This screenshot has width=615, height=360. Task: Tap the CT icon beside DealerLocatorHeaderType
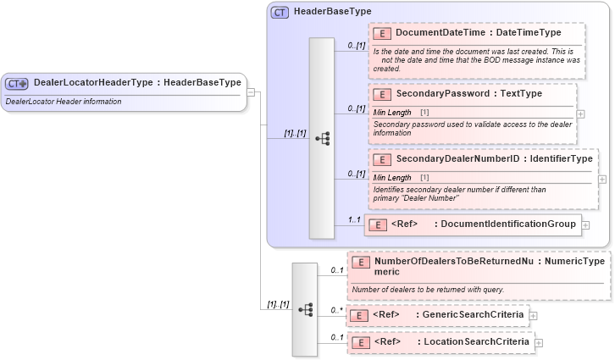(x=17, y=83)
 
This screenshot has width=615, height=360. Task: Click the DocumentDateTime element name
(x=440, y=32)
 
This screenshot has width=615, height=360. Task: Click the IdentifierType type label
(x=560, y=158)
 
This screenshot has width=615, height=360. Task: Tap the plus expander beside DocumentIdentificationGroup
(x=585, y=225)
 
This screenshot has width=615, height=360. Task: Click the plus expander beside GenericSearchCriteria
(x=533, y=316)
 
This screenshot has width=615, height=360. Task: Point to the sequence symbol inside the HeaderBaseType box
(x=322, y=138)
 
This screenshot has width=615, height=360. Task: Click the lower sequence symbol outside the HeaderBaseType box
(x=304, y=309)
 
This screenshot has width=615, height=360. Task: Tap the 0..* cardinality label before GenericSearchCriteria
(x=336, y=310)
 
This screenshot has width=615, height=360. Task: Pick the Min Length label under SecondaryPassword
(x=392, y=112)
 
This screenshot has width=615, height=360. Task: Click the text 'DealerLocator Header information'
(x=64, y=102)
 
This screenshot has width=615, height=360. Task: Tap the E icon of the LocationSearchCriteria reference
(x=359, y=342)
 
